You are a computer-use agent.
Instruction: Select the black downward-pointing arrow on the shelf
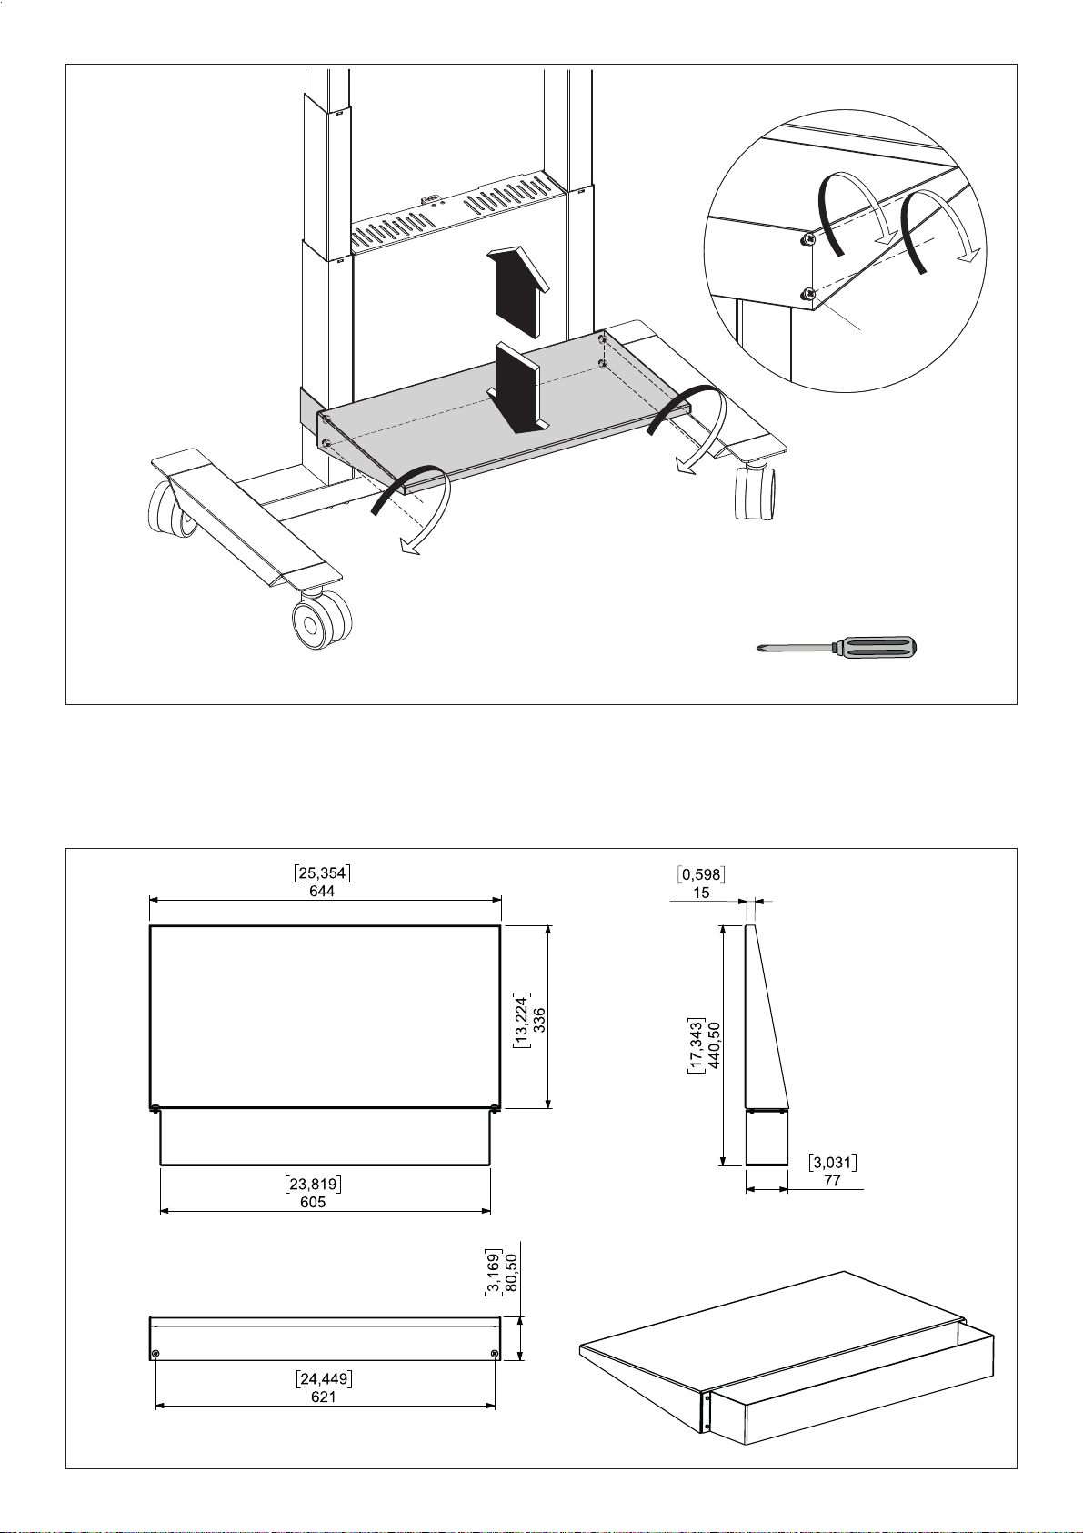[518, 388]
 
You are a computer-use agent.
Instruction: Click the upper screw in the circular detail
[809, 239]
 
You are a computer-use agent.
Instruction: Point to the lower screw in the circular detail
[810, 294]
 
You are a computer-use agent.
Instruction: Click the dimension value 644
[322, 891]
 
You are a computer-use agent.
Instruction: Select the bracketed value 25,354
[322, 873]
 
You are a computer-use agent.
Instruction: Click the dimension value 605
[313, 1202]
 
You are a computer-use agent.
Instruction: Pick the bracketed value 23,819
[314, 1184]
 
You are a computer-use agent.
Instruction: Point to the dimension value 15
[701, 893]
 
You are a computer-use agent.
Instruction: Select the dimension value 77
[833, 1181]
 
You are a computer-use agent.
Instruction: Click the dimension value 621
[324, 1397]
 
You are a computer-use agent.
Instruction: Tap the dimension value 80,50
[510, 1273]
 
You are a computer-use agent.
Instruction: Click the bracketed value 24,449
[324, 1379]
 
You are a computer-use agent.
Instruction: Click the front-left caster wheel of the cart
[319, 620]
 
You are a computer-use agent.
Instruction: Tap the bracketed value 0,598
[701, 874]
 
